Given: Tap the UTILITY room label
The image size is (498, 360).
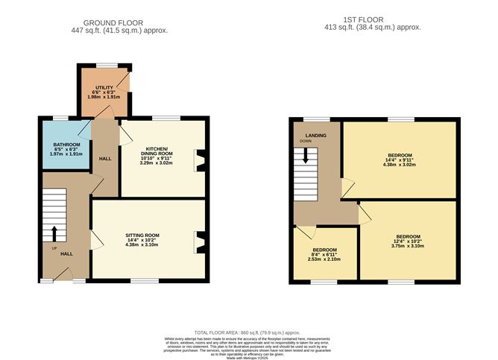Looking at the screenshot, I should (94, 88).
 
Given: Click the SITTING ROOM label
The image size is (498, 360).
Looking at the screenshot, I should (142, 235).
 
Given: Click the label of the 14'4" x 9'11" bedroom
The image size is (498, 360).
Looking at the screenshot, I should (400, 155).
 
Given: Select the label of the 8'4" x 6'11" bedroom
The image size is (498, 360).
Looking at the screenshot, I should (324, 249).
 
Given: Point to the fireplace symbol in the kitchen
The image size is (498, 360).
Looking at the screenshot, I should (199, 159).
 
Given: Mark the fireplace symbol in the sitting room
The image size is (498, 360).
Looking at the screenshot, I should (199, 239).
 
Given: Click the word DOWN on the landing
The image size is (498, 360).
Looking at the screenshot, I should (306, 141).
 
